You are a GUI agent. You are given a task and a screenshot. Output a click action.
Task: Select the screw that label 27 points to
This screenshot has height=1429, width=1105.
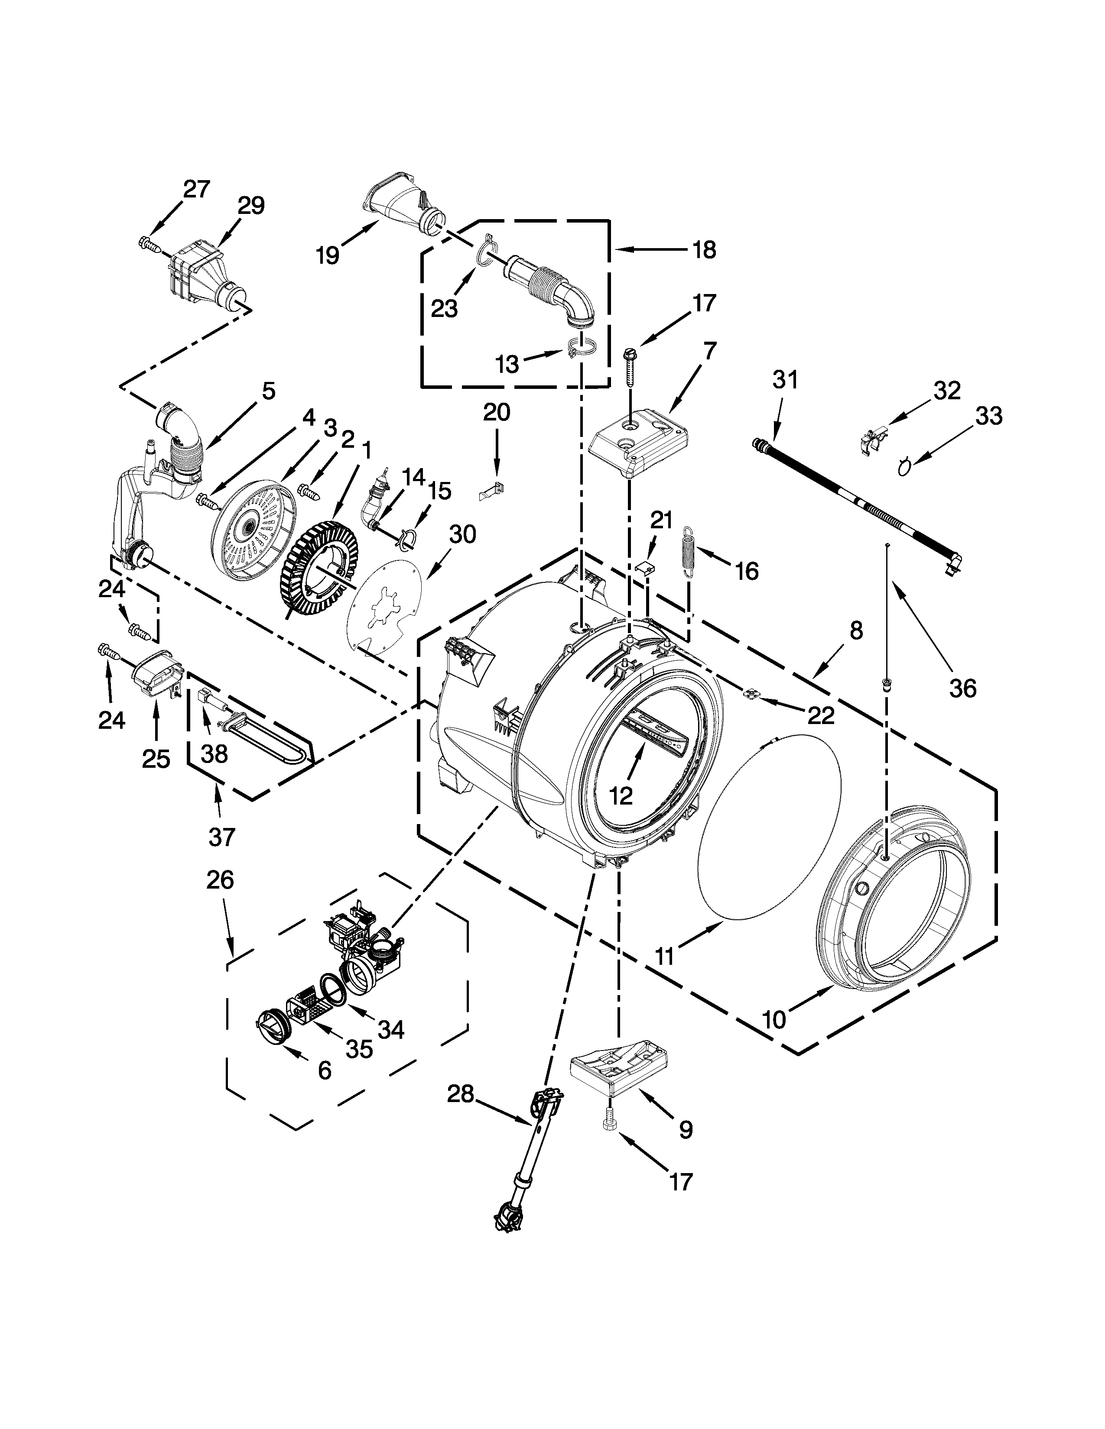coord(150,245)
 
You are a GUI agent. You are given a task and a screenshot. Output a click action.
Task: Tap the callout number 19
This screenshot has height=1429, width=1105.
coord(327,255)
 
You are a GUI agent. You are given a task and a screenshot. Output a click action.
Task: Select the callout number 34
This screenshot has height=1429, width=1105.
coord(391,1030)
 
